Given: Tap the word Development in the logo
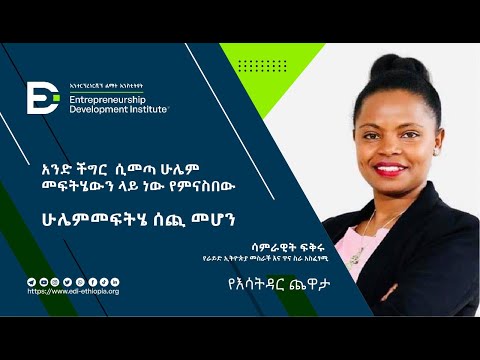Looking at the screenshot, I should (x=97, y=110).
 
